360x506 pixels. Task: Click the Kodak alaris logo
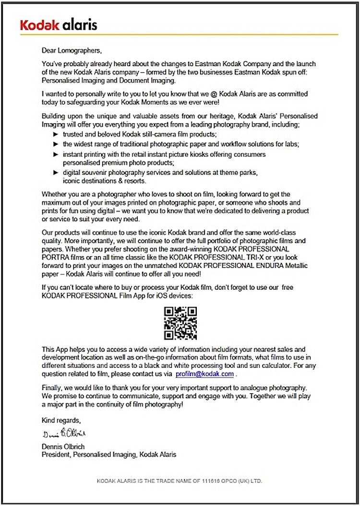tap(59, 24)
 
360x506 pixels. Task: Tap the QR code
tap(180, 323)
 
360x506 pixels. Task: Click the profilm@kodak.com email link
tap(204, 374)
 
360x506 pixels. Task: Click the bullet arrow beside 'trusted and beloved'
tap(55, 135)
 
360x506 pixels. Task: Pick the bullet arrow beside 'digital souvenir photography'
tap(55, 172)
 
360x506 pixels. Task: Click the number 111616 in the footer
tap(204, 480)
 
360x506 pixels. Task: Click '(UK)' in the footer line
tap(242, 480)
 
